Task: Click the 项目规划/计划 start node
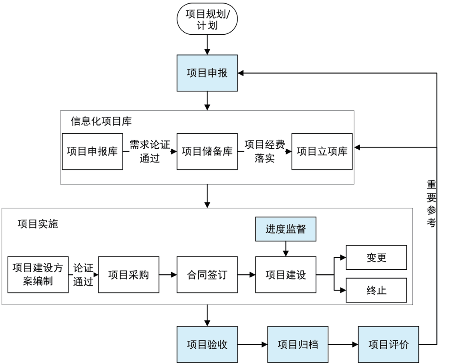pos(207,20)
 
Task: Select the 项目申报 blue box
pos(207,73)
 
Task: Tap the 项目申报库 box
pos(92,151)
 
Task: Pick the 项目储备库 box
pos(207,151)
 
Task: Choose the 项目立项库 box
pos(322,151)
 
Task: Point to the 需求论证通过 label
pos(150,151)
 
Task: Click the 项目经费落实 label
pos(265,151)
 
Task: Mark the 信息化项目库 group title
pos(101,121)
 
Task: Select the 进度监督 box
pos(286,229)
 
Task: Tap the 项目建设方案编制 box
pos(38,274)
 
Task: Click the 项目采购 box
pos(129,274)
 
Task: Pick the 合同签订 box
pos(207,274)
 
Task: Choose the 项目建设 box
pos(286,274)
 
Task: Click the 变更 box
pos(376,257)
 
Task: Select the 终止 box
pos(376,290)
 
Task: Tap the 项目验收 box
pos(207,344)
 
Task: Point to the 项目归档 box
pos(298,344)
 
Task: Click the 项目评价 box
pos(388,344)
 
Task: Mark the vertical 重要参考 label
pos(431,204)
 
